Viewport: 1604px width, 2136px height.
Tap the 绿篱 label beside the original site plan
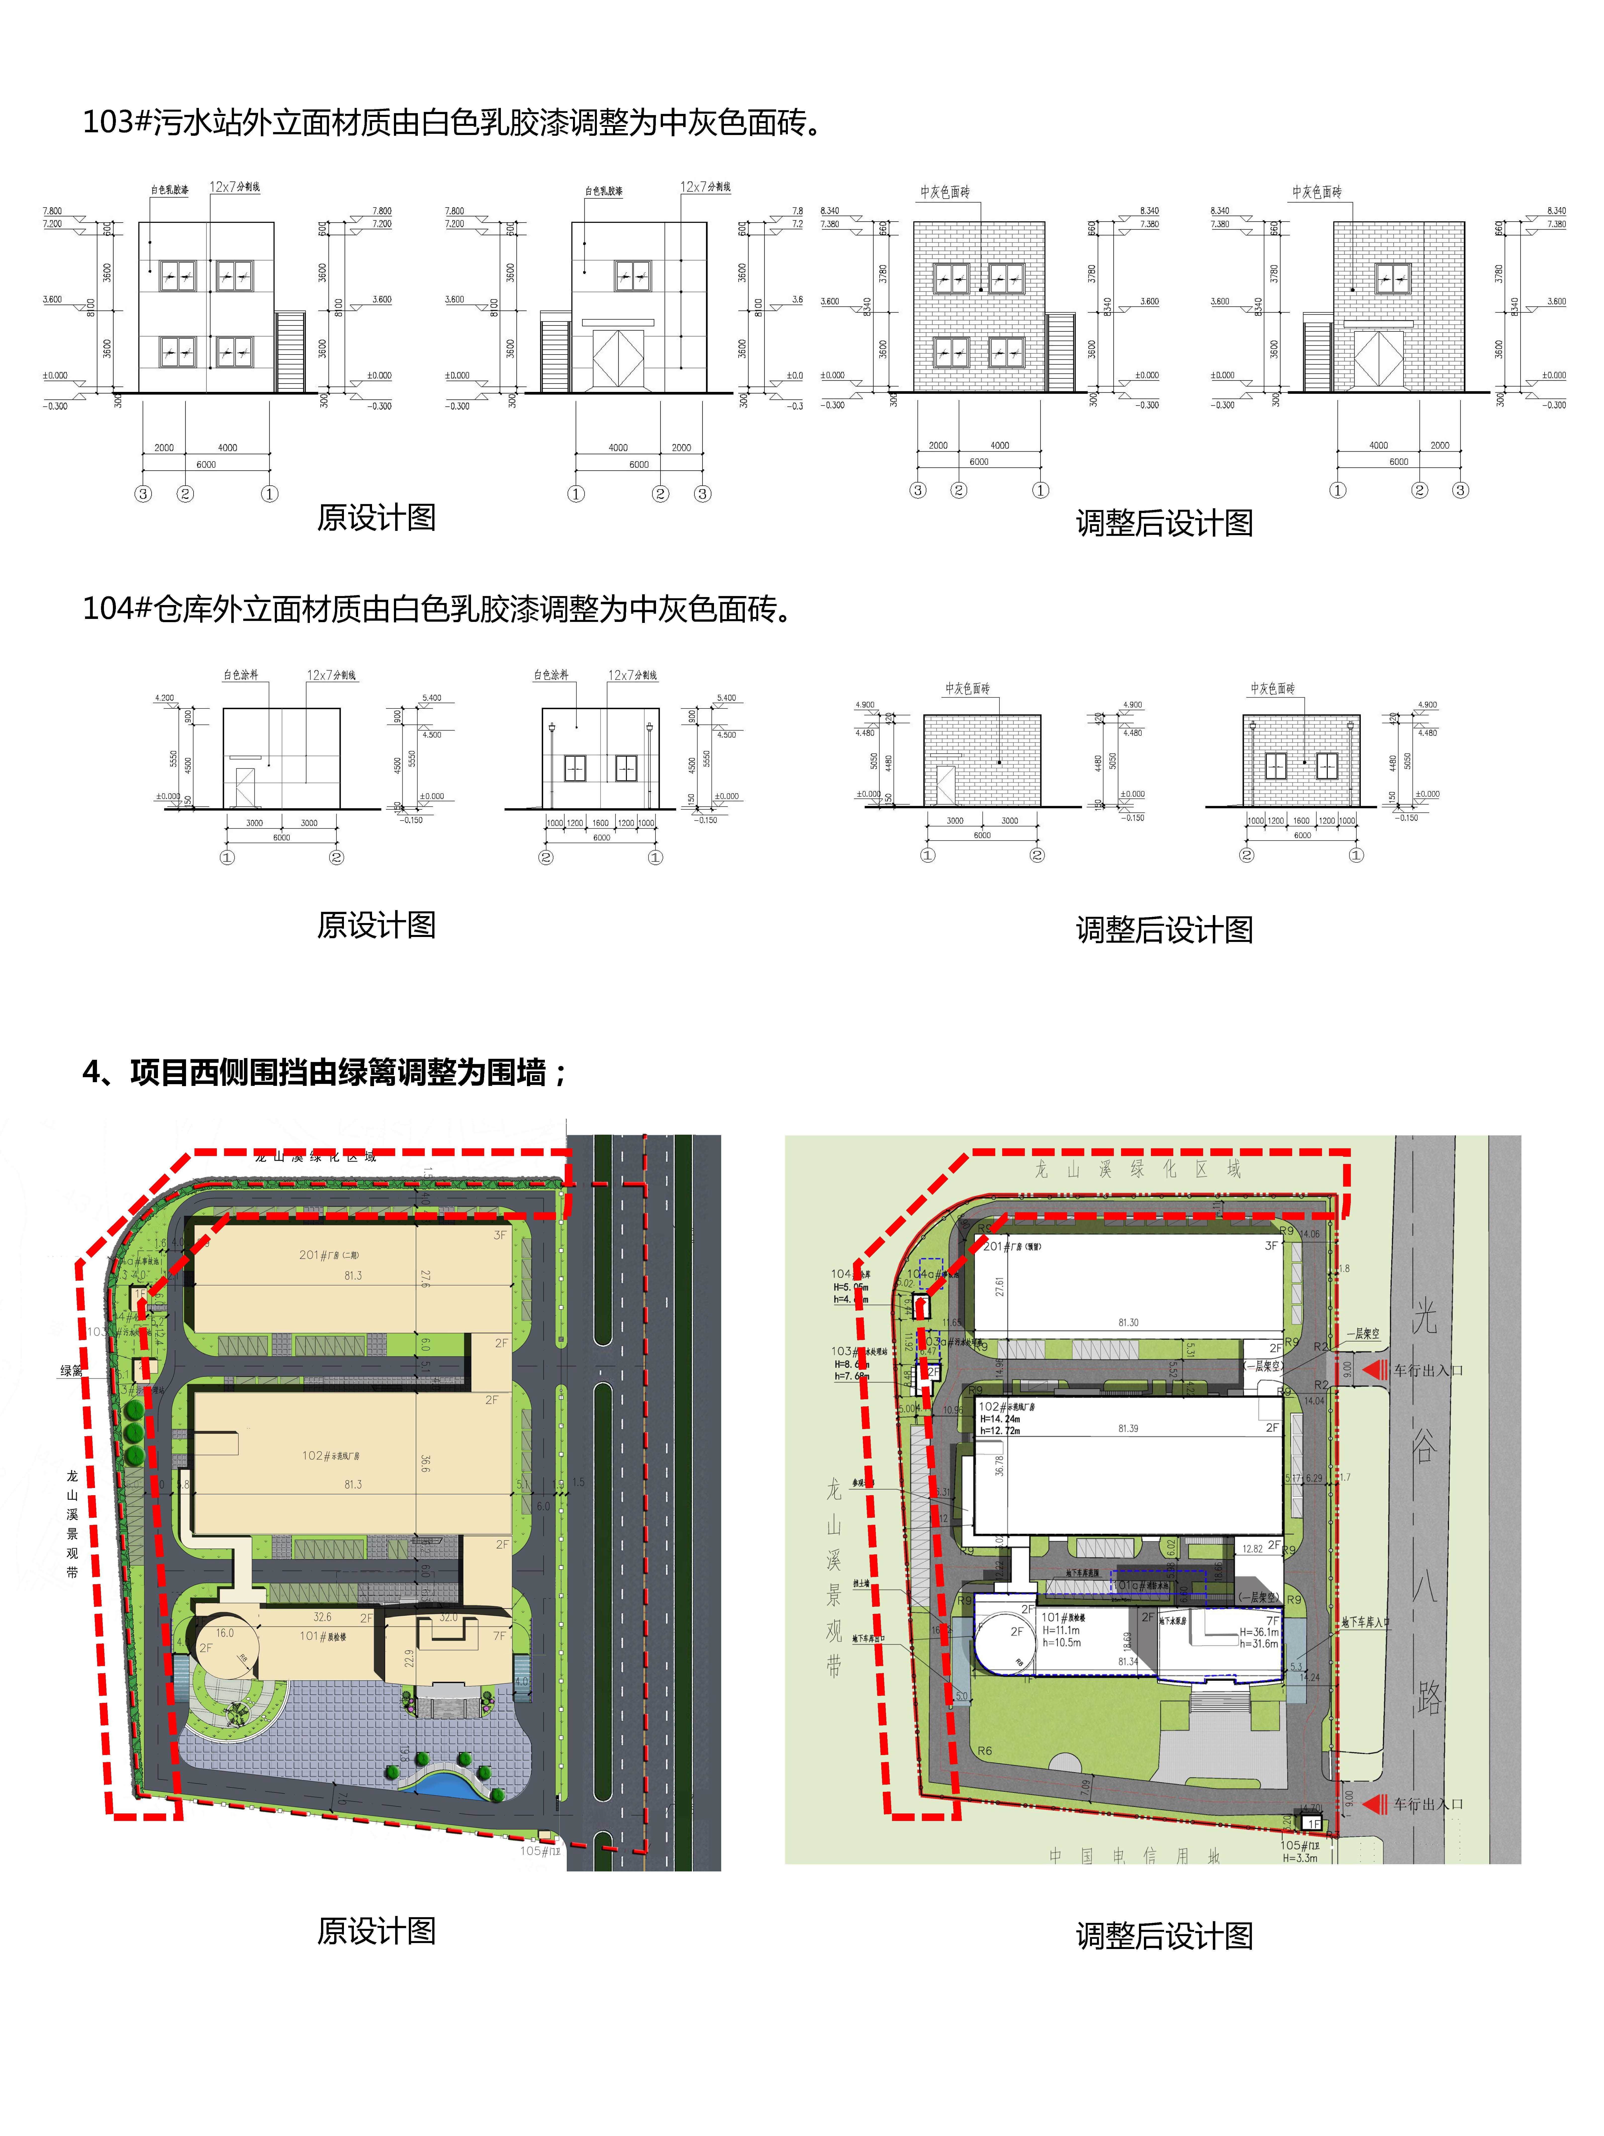pyautogui.click(x=71, y=1370)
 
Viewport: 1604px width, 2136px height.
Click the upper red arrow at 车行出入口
pyautogui.click(x=1374, y=1369)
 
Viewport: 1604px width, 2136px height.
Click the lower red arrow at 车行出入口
pyautogui.click(x=1374, y=1803)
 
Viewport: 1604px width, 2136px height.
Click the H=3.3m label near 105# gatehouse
pyautogui.click(x=1299, y=1857)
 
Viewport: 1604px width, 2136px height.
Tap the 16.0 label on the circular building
pyautogui.click(x=225, y=1633)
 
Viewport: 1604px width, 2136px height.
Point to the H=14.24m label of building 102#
pyautogui.click(x=999, y=1420)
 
